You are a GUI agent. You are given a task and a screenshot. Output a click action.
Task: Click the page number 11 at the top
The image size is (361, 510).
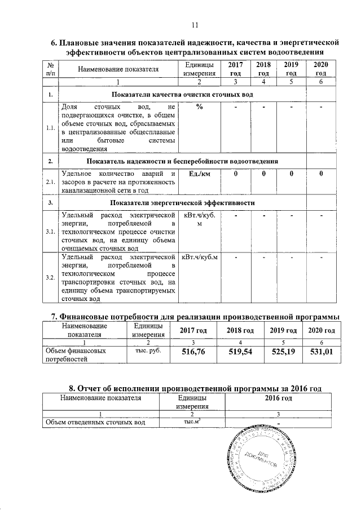(x=195, y=25)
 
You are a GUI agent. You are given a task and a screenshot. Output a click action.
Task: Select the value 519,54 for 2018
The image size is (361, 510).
(x=241, y=353)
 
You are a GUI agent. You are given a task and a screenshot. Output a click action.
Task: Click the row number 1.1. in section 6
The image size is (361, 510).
(x=51, y=128)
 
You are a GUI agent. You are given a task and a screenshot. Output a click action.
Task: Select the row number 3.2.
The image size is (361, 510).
(x=51, y=278)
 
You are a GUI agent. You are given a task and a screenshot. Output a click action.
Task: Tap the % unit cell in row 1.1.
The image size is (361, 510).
(x=199, y=107)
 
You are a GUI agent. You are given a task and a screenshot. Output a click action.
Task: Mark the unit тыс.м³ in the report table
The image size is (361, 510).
(x=192, y=422)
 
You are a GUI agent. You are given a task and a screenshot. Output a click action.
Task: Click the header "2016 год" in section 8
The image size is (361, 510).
(x=278, y=398)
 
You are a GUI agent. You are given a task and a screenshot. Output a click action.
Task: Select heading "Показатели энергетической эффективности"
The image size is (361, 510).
(x=183, y=202)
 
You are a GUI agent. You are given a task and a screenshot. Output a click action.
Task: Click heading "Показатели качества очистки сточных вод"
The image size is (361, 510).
(x=183, y=94)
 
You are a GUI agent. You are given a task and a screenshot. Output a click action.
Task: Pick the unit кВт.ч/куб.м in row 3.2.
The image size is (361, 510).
(x=200, y=258)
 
